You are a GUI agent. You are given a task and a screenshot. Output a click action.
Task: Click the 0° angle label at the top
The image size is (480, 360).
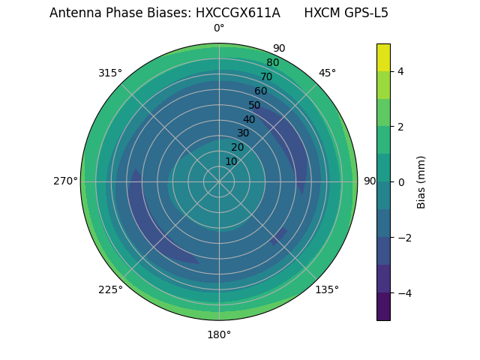click(219, 28)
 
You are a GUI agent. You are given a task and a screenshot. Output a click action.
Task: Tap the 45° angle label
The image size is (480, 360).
click(327, 73)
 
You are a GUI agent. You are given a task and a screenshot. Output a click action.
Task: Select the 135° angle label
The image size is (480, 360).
click(327, 289)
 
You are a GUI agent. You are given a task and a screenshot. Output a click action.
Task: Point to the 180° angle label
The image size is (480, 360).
click(219, 334)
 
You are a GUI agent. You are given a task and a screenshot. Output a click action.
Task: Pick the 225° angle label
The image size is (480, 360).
click(110, 289)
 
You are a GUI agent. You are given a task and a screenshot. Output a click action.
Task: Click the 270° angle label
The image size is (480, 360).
click(65, 181)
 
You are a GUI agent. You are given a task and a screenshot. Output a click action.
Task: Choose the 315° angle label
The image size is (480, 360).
click(110, 73)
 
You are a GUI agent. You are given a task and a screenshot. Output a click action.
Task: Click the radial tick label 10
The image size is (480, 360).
click(231, 161)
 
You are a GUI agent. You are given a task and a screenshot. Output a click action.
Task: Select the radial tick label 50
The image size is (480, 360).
click(255, 106)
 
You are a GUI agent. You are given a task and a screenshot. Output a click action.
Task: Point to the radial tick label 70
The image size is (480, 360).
click(266, 77)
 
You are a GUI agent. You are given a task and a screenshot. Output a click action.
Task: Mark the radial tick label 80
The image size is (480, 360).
click(272, 63)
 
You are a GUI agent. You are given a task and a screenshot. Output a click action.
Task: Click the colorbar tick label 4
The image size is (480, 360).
click(400, 71)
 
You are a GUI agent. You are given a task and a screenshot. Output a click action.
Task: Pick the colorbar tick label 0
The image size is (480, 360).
click(400, 181)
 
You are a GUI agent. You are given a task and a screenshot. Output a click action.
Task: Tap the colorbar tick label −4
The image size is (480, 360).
click(403, 292)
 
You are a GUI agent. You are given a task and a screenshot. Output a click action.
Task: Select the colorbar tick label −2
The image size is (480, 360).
click(403, 237)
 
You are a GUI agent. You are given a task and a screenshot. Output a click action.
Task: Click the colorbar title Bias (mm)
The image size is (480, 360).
click(421, 181)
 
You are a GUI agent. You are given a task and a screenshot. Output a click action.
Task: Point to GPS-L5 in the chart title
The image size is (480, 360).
click(367, 13)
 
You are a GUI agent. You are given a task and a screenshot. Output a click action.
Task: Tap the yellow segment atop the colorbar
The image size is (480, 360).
click(383, 57)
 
